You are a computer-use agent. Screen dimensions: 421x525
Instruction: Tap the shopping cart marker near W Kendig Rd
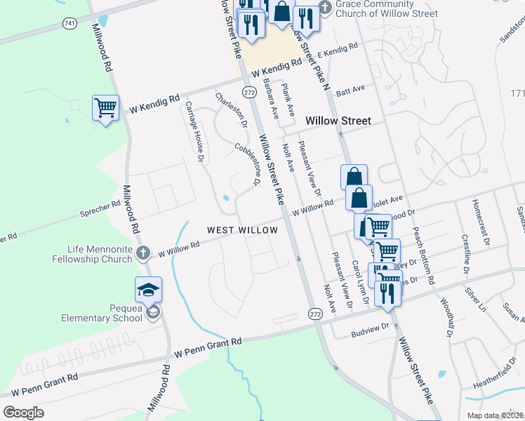[x=105, y=108]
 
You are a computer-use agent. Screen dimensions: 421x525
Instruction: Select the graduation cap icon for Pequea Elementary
[x=149, y=290]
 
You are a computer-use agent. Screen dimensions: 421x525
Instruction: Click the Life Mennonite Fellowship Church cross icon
[x=142, y=253]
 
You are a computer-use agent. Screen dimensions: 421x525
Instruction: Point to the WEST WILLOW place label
[x=242, y=230]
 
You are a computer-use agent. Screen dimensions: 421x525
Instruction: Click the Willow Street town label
[x=338, y=121]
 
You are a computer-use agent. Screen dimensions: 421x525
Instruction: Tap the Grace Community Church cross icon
[x=325, y=8]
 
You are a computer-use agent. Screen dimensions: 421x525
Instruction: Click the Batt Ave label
[x=351, y=90]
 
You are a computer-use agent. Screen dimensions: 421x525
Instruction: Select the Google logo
[x=23, y=413]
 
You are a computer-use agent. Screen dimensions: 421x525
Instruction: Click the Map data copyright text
[x=494, y=415]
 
